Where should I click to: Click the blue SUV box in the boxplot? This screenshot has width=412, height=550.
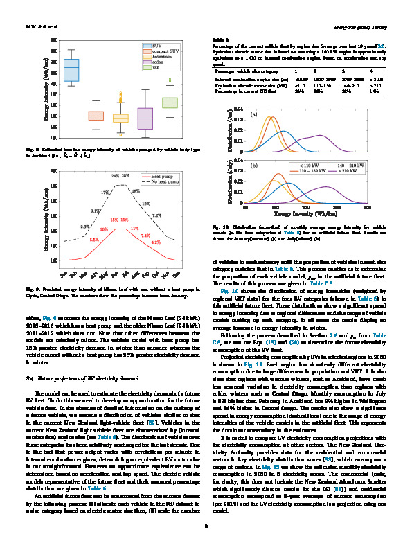(71, 70)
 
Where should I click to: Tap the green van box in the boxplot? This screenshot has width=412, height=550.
(170, 103)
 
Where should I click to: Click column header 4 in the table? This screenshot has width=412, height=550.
(371, 71)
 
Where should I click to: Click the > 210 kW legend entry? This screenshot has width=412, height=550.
(339, 170)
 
